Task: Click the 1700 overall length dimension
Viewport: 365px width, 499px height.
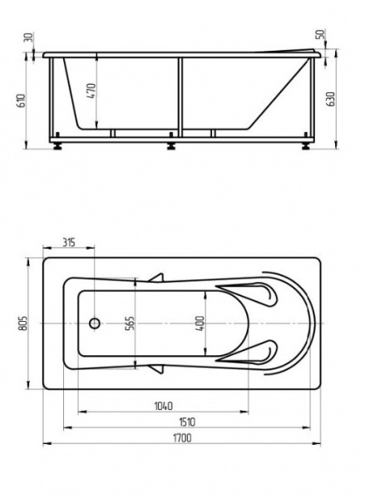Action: (x=182, y=438)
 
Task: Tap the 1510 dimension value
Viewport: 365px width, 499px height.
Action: (x=187, y=422)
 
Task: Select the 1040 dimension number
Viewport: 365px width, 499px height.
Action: (x=163, y=406)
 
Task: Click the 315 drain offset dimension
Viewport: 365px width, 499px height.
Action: (x=69, y=242)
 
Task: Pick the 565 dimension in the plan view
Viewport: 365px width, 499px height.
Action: (x=131, y=324)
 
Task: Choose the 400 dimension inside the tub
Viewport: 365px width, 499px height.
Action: (x=200, y=324)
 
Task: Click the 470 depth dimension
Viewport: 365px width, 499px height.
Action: (x=91, y=91)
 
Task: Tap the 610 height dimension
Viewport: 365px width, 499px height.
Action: (x=22, y=101)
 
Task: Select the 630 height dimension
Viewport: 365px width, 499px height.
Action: (x=331, y=99)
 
